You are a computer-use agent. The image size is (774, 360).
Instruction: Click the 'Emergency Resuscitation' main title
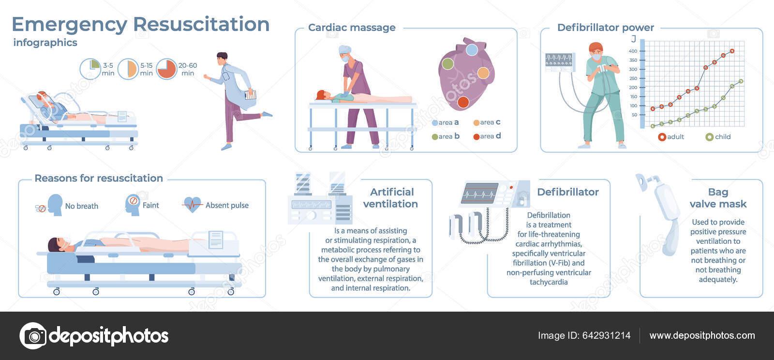[x=140, y=24]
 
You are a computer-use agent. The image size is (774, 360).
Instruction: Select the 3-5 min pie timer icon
[x=90, y=69]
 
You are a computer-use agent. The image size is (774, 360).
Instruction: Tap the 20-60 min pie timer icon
[x=166, y=69]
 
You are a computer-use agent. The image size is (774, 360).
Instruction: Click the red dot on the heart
[x=463, y=102]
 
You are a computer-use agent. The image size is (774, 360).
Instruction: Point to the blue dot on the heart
[x=472, y=49]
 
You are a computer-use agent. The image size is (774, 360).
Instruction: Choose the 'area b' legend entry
[x=446, y=136]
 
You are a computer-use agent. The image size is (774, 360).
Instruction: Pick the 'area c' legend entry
[x=487, y=122]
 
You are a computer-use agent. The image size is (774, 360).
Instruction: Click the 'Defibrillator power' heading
[x=605, y=28]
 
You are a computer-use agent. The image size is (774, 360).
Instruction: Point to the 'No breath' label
[x=81, y=206]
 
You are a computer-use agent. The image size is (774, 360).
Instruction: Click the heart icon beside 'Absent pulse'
[x=193, y=205]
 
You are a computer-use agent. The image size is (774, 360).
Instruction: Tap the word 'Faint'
[x=150, y=205]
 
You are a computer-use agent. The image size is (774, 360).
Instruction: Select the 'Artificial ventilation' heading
[x=391, y=198]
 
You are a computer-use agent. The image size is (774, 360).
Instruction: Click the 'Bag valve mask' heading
[x=718, y=198]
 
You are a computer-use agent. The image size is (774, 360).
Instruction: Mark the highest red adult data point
[x=732, y=51]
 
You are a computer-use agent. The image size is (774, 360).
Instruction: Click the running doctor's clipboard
[x=250, y=94]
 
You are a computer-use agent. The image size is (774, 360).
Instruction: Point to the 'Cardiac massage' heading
[x=352, y=28]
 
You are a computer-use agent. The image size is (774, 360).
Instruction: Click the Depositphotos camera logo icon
[x=33, y=336]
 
